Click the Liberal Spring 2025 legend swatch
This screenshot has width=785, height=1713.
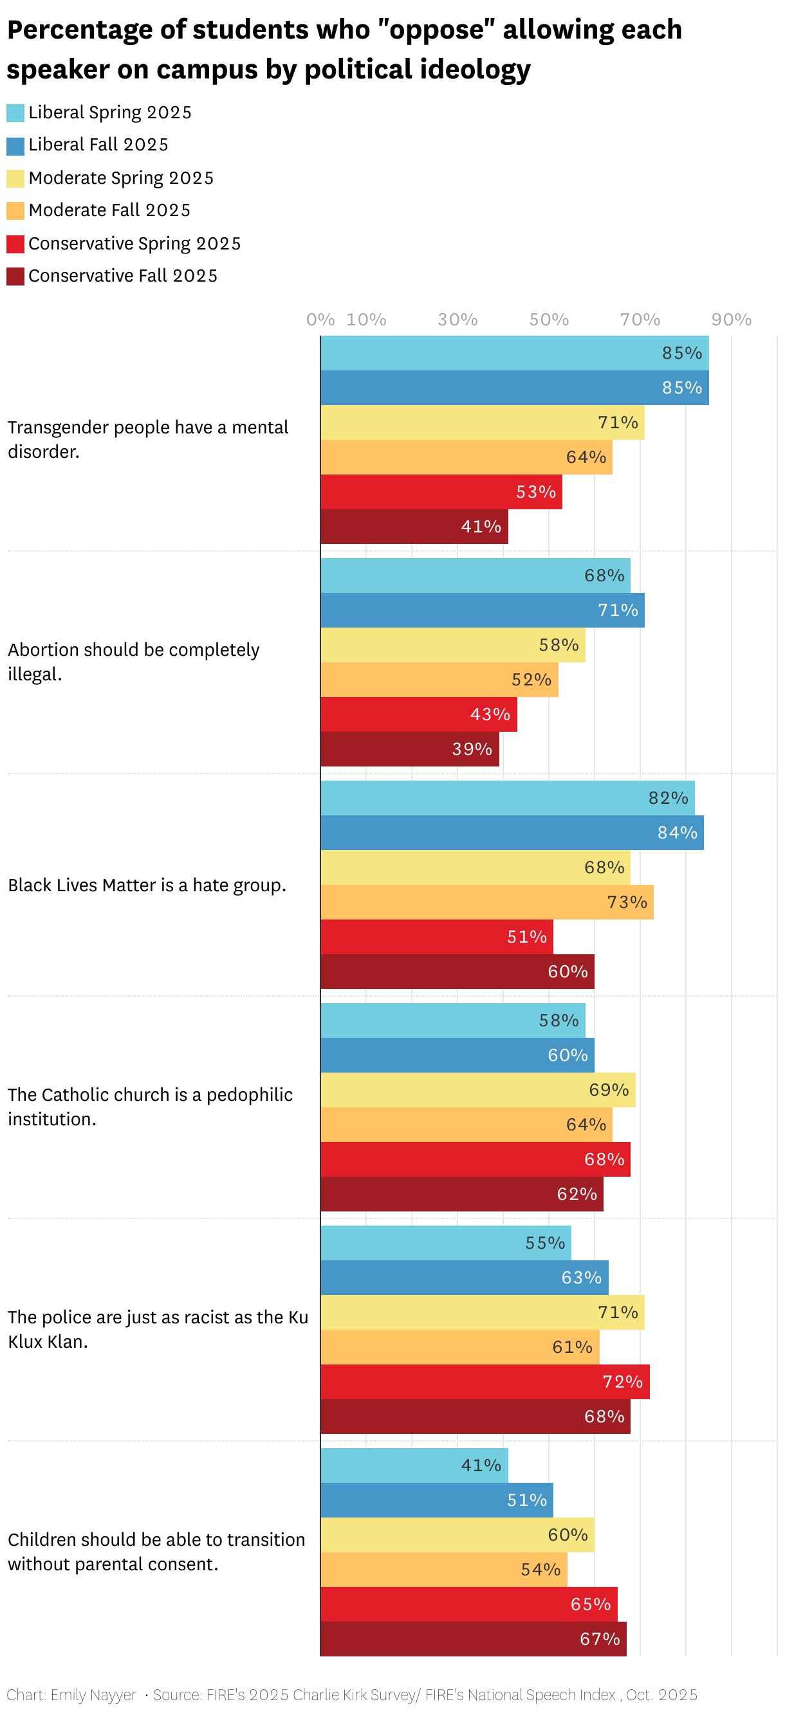(x=15, y=113)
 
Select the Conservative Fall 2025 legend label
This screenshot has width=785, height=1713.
(x=122, y=276)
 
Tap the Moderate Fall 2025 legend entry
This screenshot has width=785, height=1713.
(x=109, y=211)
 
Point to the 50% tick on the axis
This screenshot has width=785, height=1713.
(x=549, y=320)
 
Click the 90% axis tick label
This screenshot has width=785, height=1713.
(x=731, y=320)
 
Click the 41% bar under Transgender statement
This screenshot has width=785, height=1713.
(x=414, y=527)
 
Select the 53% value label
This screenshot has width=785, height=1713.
(x=535, y=492)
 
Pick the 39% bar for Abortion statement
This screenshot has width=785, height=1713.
(x=409, y=750)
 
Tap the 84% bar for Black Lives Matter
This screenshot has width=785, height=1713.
(x=512, y=833)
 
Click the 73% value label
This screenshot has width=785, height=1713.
(x=627, y=902)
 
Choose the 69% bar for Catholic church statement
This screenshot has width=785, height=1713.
(x=477, y=1090)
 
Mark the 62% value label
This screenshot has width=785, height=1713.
(x=577, y=1194)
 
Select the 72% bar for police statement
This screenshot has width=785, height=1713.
(x=485, y=1382)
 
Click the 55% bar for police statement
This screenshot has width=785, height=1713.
(x=445, y=1243)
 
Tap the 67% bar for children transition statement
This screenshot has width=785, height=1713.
(x=473, y=1639)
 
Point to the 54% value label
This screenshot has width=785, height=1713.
(x=541, y=1570)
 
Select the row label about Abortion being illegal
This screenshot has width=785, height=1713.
(x=133, y=662)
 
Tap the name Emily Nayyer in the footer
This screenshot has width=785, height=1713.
(x=93, y=1694)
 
